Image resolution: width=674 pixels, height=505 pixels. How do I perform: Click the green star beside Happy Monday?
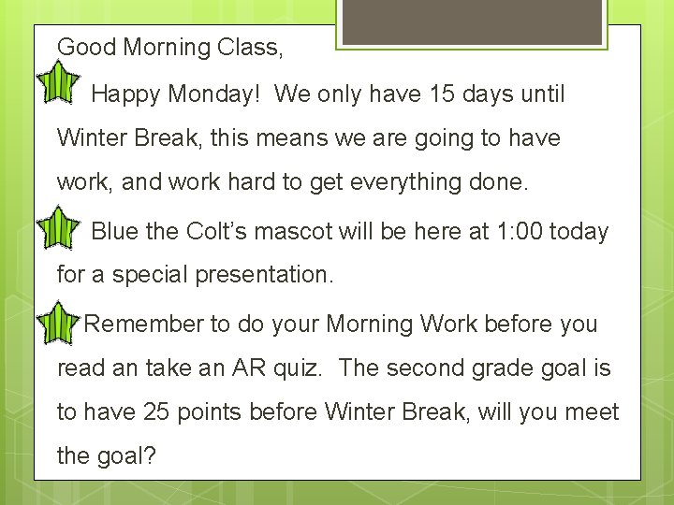[61, 81]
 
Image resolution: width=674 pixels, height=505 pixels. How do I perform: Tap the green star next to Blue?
[61, 227]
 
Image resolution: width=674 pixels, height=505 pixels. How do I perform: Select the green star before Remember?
[61, 322]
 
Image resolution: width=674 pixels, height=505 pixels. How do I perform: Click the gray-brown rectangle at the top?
[470, 22]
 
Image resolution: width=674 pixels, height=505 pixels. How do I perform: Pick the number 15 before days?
[440, 94]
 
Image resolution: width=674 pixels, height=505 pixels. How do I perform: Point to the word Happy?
[125, 94]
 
